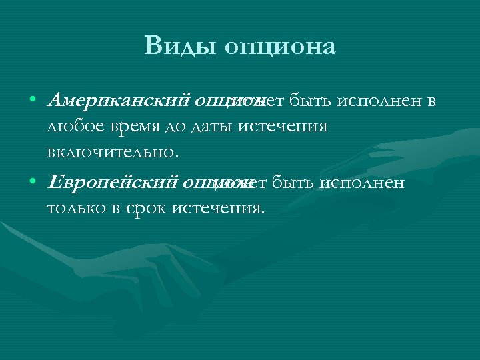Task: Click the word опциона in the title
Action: [x=279, y=47]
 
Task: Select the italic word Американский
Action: [x=118, y=101]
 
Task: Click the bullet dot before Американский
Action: [x=32, y=101]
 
